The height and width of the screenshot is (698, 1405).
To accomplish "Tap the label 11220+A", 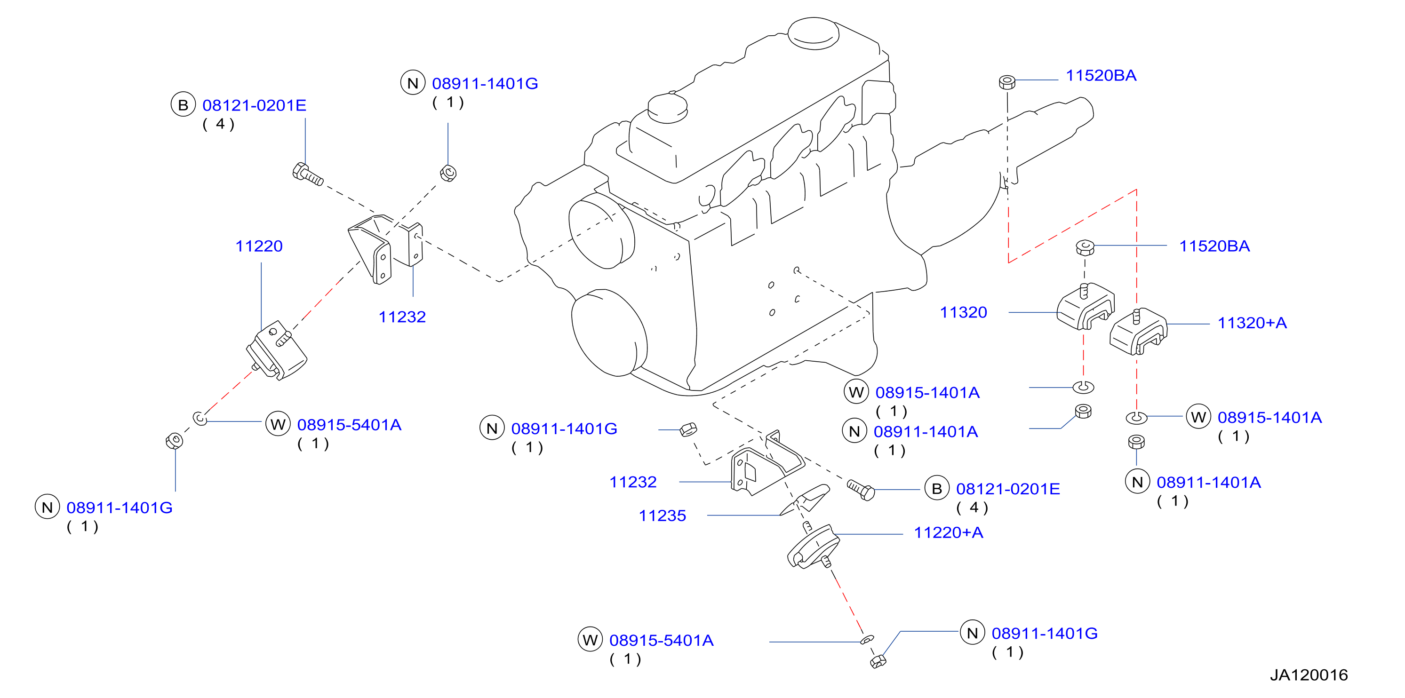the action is (949, 532).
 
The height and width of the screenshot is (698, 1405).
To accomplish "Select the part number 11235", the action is (662, 516).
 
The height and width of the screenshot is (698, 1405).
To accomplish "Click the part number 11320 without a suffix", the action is (963, 312).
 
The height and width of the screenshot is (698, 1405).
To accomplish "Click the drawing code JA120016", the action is (1309, 675).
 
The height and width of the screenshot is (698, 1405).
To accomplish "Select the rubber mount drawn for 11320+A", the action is (1138, 332).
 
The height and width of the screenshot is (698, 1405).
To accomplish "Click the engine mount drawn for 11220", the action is (276, 349).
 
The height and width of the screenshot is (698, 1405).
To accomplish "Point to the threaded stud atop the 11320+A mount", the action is (1137, 316).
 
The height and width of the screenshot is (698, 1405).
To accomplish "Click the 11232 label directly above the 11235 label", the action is (633, 482).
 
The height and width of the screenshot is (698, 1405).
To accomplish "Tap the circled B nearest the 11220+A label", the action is (937, 489).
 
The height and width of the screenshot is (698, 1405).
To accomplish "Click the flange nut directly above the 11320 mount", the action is (1086, 247).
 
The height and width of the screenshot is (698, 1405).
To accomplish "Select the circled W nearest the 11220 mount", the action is (278, 424).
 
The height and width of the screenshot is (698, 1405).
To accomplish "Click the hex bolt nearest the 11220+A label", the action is (861, 489).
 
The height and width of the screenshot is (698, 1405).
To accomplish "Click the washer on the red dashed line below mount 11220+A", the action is (867, 639).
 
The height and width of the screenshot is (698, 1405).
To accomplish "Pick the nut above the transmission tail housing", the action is (1007, 82).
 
